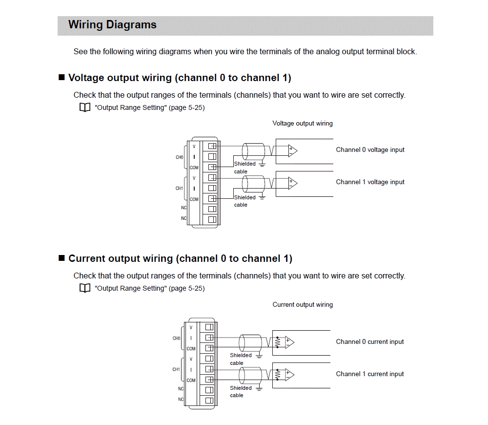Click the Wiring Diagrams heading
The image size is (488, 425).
(112, 25)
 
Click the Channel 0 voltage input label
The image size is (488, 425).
(370, 150)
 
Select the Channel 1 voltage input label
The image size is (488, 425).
(370, 182)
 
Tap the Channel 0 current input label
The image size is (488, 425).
(370, 342)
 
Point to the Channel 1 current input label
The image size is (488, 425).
(370, 374)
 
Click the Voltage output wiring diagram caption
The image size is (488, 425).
(303, 124)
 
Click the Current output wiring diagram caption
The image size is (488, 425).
(303, 305)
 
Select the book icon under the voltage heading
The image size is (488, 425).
(85, 108)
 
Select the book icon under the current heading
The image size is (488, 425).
(85, 289)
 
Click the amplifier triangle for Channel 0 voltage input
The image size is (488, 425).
(292, 151)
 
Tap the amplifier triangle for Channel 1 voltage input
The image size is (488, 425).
(292, 183)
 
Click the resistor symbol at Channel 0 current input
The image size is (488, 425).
(278, 342)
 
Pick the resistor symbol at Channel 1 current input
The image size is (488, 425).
(278, 375)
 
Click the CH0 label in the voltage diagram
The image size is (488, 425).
(179, 157)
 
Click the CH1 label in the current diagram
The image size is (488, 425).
(176, 370)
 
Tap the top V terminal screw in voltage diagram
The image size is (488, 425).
(212, 146)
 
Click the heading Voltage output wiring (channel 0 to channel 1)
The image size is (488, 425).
(180, 78)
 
